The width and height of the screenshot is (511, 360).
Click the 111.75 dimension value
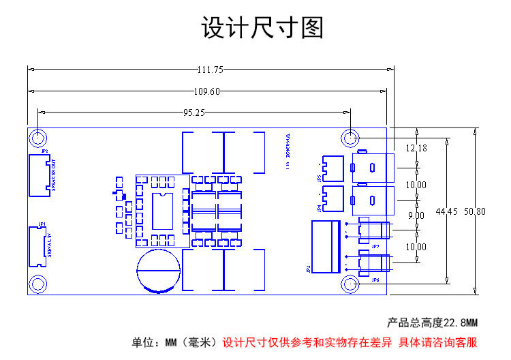(211, 70)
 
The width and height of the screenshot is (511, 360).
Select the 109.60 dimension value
(206, 92)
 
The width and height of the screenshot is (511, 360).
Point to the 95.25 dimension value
(194, 113)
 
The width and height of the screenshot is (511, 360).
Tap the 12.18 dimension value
(416, 149)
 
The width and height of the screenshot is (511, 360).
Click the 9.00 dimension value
(416, 215)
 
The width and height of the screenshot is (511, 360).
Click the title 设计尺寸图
(262, 29)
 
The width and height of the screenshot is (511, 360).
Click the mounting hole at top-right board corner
(350, 138)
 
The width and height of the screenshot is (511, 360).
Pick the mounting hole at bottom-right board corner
(350, 284)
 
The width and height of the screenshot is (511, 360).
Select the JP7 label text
(375, 245)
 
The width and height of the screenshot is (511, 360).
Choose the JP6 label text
(375, 280)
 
